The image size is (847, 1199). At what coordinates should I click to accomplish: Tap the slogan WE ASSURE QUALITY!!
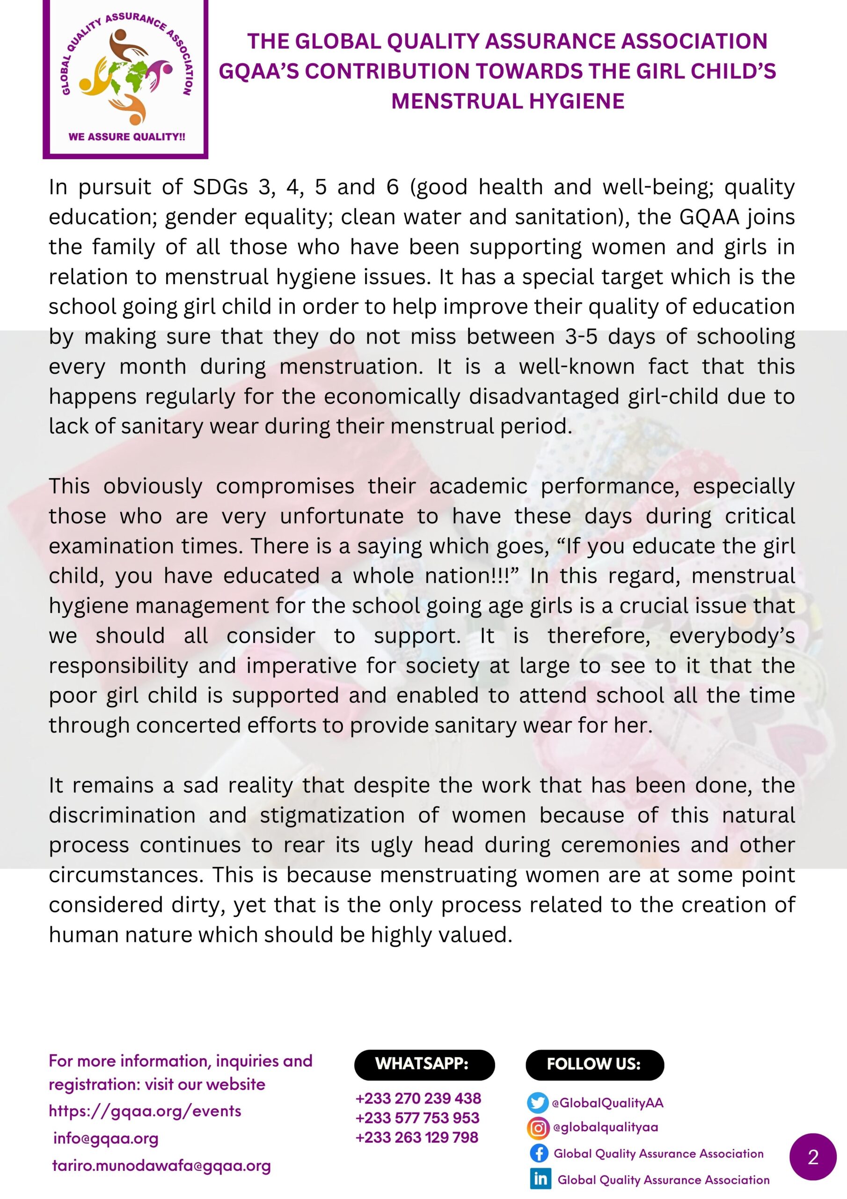coord(127,137)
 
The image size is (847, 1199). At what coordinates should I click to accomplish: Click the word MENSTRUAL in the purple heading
coord(457,101)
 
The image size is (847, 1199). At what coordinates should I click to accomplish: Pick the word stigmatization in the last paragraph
coord(332,815)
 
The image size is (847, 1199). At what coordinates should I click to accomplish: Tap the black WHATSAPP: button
coord(424,1064)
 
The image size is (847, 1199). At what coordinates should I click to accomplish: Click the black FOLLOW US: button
coord(594,1064)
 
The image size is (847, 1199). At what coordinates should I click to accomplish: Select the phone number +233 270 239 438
coord(418,1098)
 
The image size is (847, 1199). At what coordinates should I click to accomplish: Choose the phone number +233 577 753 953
coord(417,1118)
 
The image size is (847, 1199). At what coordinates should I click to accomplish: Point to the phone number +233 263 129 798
coord(416,1137)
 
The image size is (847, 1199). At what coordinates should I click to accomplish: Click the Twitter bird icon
coord(538,1103)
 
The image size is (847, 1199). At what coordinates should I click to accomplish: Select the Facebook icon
coord(539,1153)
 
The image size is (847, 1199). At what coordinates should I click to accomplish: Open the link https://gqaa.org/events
coord(145,1111)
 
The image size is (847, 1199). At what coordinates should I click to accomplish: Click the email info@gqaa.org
coord(106,1139)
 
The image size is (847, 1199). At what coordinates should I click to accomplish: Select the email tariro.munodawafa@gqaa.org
coord(161,1166)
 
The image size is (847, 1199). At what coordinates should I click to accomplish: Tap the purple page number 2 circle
coord(813,1158)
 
